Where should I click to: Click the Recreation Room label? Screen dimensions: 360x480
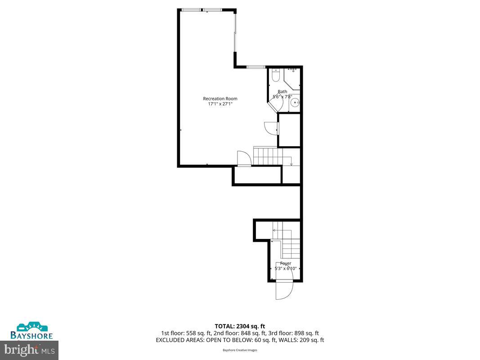click(220, 99)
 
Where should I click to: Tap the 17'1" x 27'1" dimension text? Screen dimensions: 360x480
click(220, 104)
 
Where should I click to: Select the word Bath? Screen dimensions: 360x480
click(282, 92)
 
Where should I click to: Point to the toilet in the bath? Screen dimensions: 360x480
click(276, 75)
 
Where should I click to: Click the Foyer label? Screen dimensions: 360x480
click(286, 263)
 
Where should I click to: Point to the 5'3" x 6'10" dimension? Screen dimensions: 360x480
click(286, 269)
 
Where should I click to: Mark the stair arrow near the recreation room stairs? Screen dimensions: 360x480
click(292, 163)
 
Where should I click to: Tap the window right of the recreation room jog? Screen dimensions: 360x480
click(256, 67)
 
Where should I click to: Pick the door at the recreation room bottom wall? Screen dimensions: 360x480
click(243, 159)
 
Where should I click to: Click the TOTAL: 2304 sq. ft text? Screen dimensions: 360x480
click(240, 326)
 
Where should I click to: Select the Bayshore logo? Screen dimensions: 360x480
click(32, 331)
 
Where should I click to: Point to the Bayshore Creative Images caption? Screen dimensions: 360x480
click(240, 350)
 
